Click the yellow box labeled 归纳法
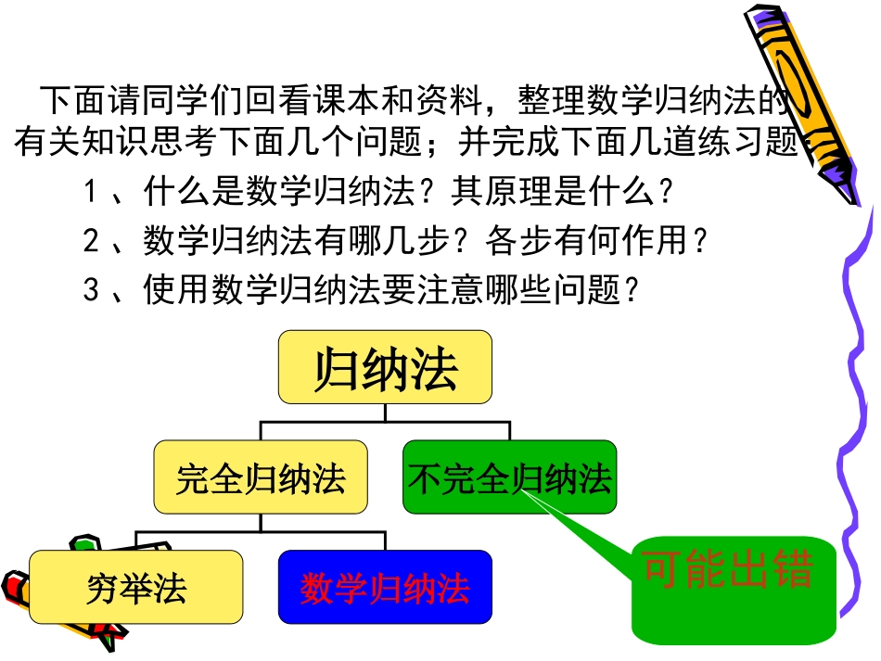point(385,367)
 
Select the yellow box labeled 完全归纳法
point(260,478)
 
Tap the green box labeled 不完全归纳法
point(509,478)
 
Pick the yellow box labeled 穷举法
point(135,587)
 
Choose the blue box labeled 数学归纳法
point(385,587)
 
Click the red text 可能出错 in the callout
point(728,571)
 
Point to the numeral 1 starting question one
point(91,193)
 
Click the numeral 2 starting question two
point(91,242)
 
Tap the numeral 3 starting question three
point(91,291)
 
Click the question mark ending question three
point(633,291)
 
